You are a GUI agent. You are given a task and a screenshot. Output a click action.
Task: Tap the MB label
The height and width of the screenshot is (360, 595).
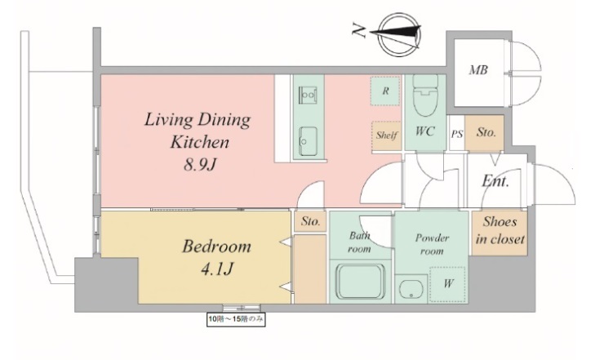(477, 70)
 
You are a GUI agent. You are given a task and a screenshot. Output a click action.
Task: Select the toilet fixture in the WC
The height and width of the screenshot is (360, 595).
(425, 96)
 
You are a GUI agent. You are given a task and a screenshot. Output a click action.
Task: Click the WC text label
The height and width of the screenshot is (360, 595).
(424, 131)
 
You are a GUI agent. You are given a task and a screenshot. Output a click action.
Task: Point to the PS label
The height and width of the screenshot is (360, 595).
(457, 134)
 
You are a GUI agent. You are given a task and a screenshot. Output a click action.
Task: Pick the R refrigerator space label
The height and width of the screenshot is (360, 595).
(385, 91)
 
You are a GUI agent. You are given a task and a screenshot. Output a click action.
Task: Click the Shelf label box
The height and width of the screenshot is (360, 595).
(386, 136)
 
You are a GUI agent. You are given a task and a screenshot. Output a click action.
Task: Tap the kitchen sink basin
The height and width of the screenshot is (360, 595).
(309, 141)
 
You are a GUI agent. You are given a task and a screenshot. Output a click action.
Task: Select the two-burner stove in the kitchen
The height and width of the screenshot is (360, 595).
(308, 94)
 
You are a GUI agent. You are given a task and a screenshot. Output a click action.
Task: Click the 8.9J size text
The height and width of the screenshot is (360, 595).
(200, 165)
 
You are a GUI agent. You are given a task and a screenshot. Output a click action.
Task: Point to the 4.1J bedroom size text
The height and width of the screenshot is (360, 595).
(216, 269)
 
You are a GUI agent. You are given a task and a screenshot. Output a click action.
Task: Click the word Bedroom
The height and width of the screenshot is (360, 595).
(216, 247)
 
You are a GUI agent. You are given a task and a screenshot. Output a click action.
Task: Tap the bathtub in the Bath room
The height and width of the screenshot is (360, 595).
(360, 282)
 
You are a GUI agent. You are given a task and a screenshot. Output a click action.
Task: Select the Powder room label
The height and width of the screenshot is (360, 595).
(432, 244)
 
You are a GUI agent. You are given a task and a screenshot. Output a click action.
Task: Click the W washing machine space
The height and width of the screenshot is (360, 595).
(447, 285)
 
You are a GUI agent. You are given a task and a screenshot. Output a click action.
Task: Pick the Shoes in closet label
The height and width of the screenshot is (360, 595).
(500, 230)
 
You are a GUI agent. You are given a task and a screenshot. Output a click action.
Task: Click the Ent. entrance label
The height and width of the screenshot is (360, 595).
(495, 181)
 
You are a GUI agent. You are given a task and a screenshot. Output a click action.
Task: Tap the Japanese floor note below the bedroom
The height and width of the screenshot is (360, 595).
(236, 319)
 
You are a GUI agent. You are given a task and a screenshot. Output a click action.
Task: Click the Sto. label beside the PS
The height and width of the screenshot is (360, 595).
(486, 132)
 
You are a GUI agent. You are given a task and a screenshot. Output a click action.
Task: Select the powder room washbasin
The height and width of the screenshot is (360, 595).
(411, 289)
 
